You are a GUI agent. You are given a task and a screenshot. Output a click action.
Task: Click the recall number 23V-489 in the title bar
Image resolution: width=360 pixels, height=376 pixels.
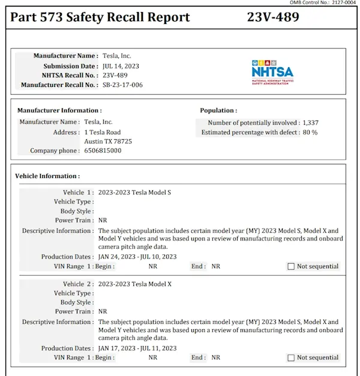tap(272, 17)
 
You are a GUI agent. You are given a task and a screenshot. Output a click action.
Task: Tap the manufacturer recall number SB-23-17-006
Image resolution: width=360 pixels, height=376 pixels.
tap(123, 85)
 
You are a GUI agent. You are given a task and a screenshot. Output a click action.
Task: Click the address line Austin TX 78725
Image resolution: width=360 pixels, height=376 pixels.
tap(108, 142)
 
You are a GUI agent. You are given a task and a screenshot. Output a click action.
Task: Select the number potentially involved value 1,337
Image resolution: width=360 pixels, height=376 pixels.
tap(310, 123)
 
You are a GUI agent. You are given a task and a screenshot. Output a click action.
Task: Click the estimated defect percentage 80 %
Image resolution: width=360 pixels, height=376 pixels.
tap(310, 133)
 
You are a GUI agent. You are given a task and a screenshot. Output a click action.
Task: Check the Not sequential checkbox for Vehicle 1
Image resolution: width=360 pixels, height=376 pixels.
tap(291, 266)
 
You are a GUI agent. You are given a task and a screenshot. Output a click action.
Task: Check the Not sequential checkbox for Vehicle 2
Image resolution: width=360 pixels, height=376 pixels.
tap(291, 358)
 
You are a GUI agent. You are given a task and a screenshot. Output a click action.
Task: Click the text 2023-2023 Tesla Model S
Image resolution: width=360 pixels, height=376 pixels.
tap(134, 192)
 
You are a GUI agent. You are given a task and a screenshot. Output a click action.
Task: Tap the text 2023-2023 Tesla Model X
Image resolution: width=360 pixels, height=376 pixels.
tap(134, 284)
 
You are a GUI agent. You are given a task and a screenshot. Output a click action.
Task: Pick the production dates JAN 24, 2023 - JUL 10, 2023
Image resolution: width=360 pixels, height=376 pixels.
tap(137, 257)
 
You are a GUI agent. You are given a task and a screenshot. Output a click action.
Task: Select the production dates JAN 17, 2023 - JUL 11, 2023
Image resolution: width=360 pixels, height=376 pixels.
tap(137, 348)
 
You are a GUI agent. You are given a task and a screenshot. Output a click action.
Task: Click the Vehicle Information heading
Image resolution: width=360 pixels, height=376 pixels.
tap(47, 176)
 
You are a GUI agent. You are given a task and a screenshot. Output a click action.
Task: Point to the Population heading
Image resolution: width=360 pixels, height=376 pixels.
tap(218, 110)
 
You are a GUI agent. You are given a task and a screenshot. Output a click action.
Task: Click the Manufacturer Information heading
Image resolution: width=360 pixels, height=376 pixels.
tap(59, 110)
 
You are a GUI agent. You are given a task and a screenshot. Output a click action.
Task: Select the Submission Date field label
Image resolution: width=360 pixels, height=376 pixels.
tap(70, 66)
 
